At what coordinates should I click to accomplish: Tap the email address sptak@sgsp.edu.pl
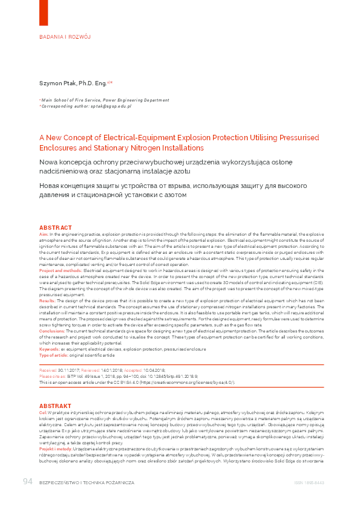point(110,106)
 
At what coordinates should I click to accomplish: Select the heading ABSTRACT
point(56,227)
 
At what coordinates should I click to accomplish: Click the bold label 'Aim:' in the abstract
point(43,233)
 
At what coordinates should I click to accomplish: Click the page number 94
point(27,481)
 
